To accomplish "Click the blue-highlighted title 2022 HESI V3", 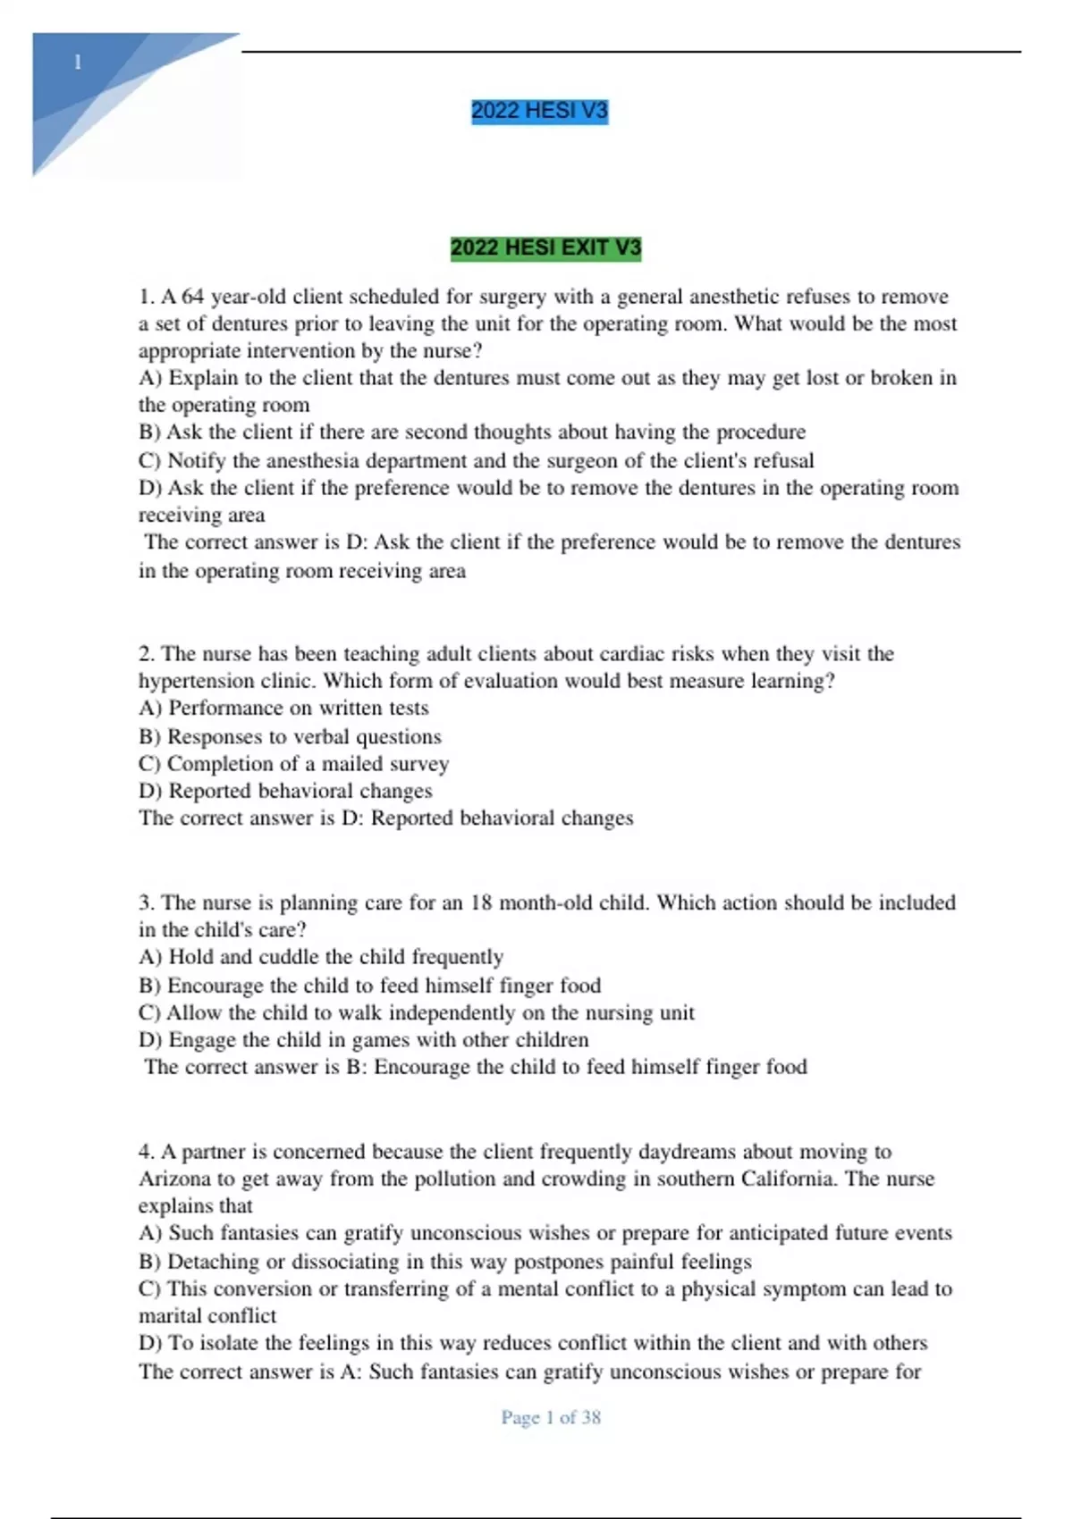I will tap(539, 111).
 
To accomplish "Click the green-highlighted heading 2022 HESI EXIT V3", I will tap(545, 248).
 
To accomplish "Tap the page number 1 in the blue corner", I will tap(79, 63).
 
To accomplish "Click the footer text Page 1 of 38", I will tap(551, 1417).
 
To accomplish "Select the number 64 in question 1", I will tap(192, 297).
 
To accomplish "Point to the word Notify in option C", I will tap(196, 461).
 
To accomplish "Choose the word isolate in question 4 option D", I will tap(230, 1343).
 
